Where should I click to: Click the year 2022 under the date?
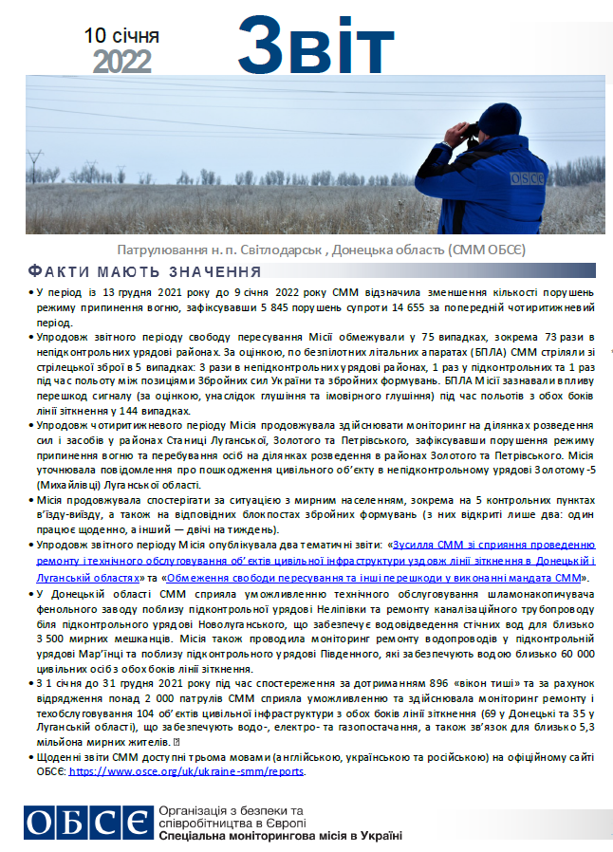click(122, 61)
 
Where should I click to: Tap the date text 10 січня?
click(122, 36)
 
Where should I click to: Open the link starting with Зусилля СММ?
click(494, 545)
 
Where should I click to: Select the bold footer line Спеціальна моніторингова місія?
click(281, 835)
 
